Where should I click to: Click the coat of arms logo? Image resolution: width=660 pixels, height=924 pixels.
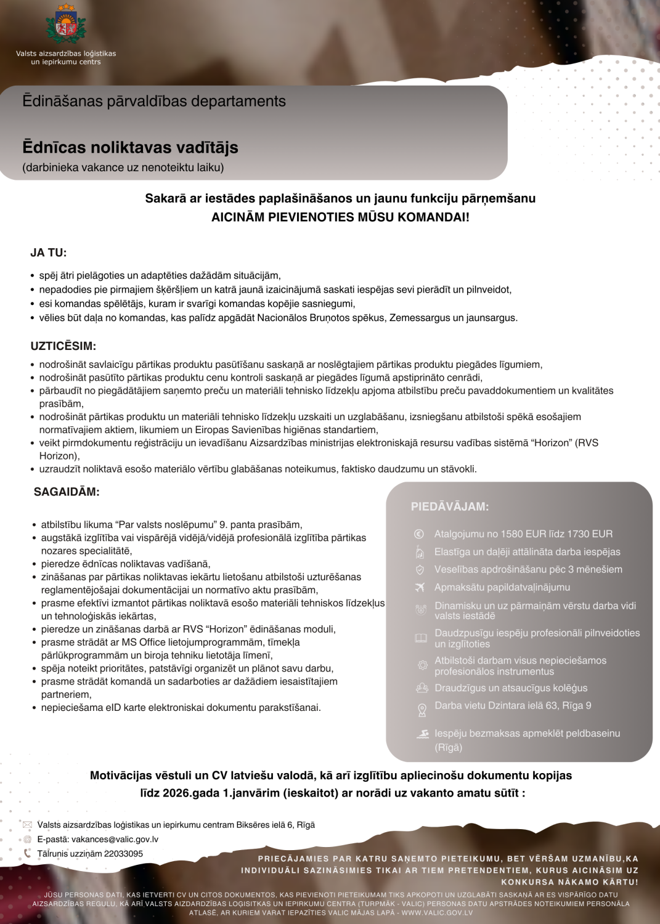(x=66, y=25)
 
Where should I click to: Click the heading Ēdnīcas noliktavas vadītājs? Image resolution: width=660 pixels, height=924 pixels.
(x=130, y=147)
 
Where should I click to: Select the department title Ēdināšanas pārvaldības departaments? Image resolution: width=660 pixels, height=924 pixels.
(x=154, y=101)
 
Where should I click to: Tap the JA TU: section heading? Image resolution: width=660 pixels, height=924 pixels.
(x=49, y=253)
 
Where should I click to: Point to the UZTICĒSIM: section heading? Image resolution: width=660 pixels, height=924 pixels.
(x=63, y=346)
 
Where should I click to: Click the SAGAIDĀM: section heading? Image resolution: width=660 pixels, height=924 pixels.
(x=67, y=492)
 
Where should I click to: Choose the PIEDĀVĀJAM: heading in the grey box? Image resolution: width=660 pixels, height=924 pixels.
(x=450, y=506)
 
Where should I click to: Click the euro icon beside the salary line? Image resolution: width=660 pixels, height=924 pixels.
(x=419, y=534)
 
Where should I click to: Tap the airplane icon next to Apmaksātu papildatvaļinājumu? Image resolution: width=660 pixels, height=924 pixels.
(x=420, y=587)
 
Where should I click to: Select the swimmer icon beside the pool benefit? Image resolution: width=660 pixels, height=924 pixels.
(x=422, y=734)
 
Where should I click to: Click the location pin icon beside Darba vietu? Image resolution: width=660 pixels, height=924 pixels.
(x=422, y=710)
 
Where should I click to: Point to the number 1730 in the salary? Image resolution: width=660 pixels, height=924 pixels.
(x=556, y=534)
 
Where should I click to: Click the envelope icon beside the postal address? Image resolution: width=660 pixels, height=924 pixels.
(x=27, y=825)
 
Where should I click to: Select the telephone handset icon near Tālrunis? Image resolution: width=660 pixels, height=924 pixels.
(x=27, y=853)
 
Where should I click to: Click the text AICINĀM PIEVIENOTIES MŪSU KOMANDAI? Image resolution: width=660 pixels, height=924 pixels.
(x=340, y=217)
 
